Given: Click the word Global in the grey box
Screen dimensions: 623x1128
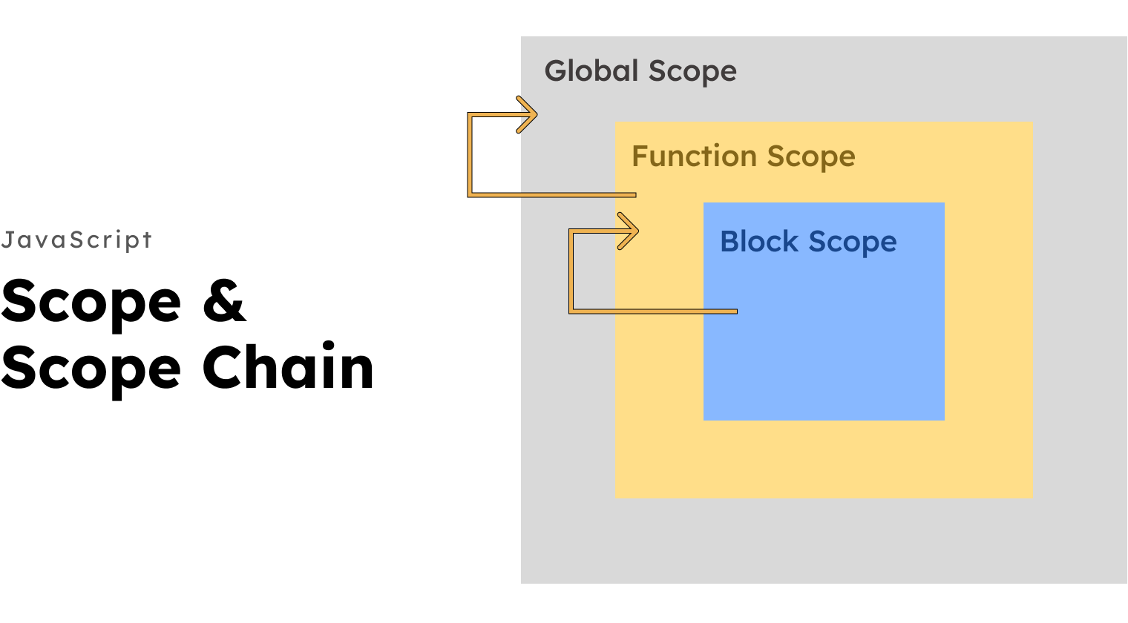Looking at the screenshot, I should coord(591,71).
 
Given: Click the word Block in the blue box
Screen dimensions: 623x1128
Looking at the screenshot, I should coord(759,242).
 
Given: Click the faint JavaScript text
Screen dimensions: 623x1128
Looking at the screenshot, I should coord(76,240).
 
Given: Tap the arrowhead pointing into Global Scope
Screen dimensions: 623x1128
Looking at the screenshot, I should coord(528,115).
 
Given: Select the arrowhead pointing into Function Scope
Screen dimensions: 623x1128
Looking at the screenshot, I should coord(629,231).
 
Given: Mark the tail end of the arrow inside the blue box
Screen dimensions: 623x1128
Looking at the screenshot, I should coord(734,311).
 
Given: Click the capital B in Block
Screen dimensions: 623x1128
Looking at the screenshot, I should coord(729,242).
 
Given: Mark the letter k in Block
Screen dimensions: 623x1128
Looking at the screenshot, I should coord(791,242).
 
